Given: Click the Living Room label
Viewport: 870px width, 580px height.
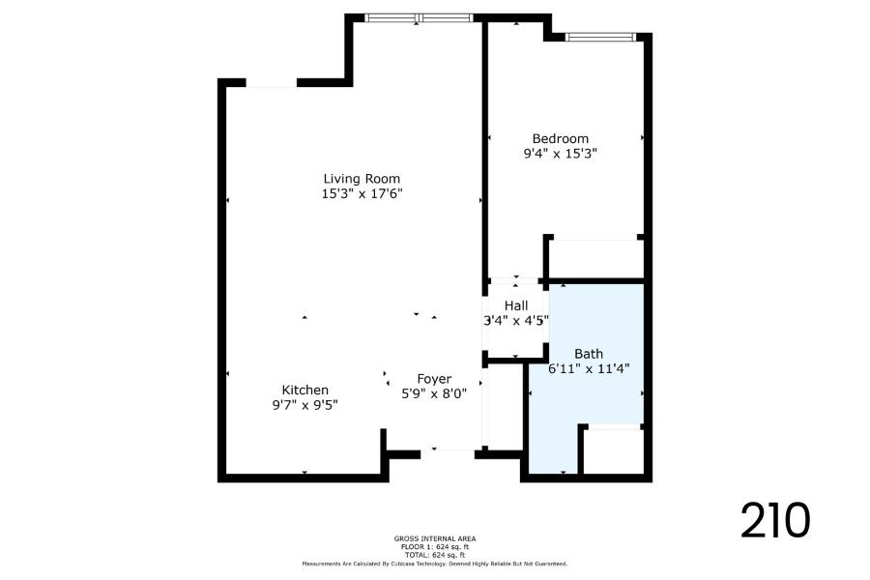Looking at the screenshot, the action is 362,179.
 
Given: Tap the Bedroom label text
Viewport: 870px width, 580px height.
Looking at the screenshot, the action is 561,139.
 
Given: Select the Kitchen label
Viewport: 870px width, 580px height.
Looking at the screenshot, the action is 305,390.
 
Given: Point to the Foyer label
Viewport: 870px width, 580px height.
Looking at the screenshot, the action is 434,379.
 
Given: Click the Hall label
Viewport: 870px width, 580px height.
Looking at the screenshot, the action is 516,305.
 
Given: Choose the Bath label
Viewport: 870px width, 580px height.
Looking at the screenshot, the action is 589,354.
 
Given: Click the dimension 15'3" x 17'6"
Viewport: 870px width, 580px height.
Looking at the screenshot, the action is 362,193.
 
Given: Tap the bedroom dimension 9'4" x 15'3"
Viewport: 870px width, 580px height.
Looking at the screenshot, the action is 561,153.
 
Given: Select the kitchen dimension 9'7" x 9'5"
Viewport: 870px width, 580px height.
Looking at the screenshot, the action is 305,405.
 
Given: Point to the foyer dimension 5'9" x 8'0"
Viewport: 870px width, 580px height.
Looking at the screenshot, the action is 434,393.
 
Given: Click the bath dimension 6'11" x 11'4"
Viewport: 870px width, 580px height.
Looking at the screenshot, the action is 589,368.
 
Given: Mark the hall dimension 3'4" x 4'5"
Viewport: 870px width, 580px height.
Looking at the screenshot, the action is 516,320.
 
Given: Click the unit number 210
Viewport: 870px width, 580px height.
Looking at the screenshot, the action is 775,520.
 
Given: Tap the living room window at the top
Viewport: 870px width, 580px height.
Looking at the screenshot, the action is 419,17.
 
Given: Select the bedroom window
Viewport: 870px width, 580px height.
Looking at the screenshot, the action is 600,37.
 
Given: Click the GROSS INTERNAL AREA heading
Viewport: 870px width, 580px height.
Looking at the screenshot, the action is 435,538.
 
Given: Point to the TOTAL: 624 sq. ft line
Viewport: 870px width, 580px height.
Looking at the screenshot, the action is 435,555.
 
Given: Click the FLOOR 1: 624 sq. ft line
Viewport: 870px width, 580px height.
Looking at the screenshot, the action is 435,547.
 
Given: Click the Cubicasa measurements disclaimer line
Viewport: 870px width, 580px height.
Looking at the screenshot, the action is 435,564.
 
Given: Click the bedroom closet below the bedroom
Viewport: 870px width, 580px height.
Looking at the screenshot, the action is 595,259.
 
